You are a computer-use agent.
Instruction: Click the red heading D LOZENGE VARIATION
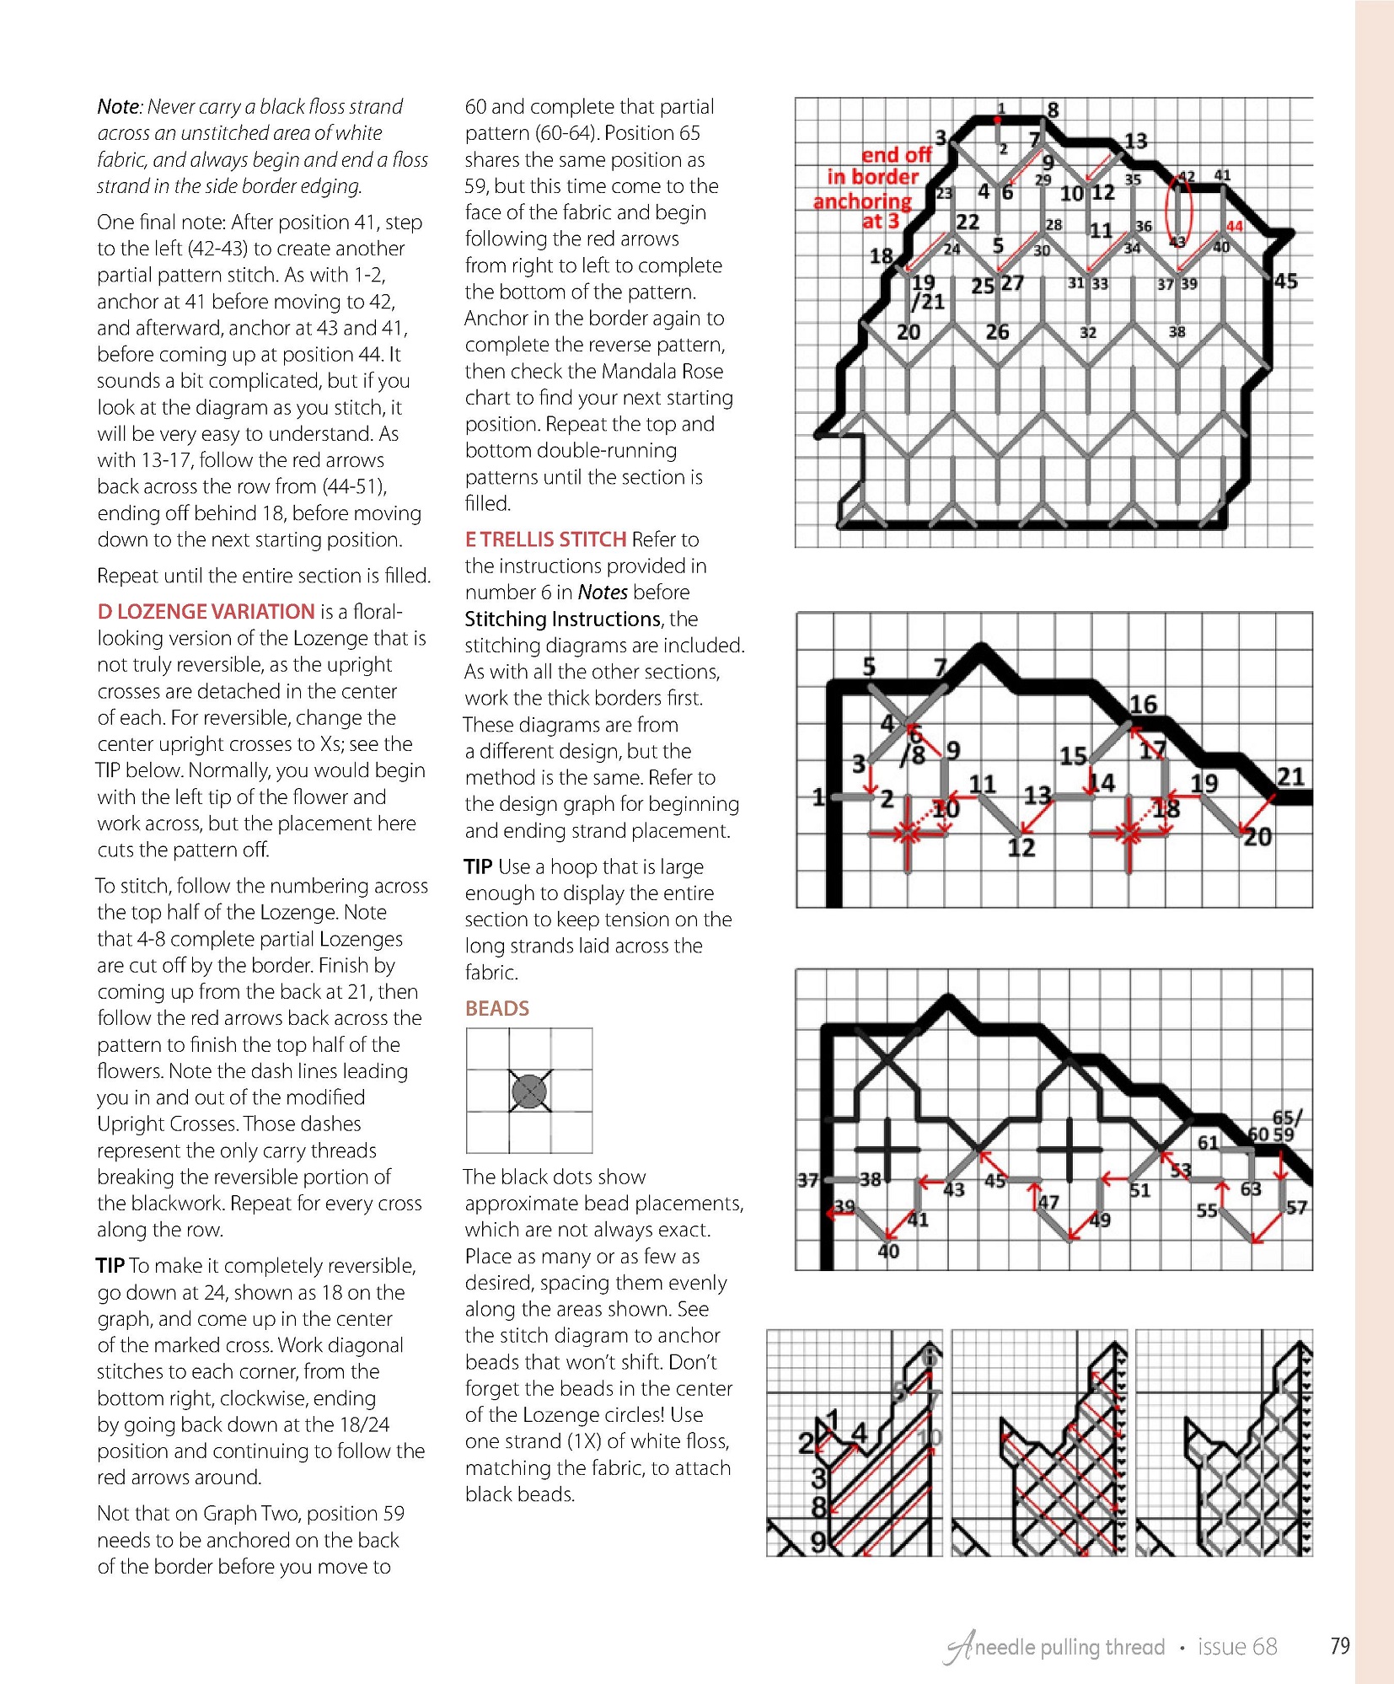click(x=206, y=612)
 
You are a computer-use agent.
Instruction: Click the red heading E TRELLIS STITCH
click(x=545, y=539)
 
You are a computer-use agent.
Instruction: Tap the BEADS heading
click(x=497, y=1008)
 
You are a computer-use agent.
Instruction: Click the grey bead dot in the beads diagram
click(x=529, y=1091)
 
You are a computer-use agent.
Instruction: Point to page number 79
click(x=1340, y=1645)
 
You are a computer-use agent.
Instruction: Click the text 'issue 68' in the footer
click(x=1237, y=1647)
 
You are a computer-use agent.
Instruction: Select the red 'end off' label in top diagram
click(x=895, y=155)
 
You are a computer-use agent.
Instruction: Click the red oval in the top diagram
click(x=1178, y=210)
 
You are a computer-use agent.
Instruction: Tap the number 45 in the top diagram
click(x=1285, y=282)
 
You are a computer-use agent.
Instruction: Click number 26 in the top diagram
click(x=997, y=332)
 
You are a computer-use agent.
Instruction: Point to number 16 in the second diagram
click(x=1143, y=704)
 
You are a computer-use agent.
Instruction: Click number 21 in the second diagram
click(x=1290, y=776)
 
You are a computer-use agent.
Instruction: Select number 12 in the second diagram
click(x=1021, y=847)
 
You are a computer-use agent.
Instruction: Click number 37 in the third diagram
click(x=807, y=1180)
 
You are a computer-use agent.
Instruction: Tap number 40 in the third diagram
click(x=888, y=1252)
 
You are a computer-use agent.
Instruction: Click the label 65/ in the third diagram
click(x=1287, y=1118)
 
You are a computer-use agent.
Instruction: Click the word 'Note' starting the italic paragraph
click(x=118, y=107)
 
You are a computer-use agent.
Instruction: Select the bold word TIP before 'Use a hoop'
click(x=478, y=867)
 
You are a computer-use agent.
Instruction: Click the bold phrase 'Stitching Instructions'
click(x=563, y=619)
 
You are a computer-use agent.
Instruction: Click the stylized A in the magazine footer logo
click(x=959, y=1648)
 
